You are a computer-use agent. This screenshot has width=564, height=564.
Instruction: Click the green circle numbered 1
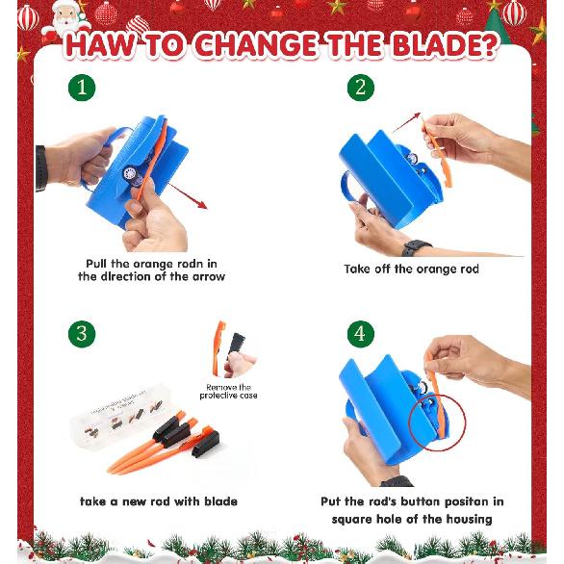[x=82, y=89]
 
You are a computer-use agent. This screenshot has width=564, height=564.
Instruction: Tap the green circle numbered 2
[x=360, y=89]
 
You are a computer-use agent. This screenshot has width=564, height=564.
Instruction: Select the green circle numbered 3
[x=82, y=334]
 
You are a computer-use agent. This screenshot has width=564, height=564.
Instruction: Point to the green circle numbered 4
[x=360, y=334]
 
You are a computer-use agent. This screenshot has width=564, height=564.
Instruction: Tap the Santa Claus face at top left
[x=65, y=16]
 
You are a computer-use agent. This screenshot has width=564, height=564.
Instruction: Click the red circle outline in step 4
[x=437, y=420]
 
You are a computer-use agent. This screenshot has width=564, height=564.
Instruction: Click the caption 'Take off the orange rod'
[x=411, y=269]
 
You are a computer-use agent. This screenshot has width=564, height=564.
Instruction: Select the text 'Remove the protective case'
[x=228, y=391]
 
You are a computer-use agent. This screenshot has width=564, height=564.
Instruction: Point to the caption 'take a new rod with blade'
[x=158, y=501]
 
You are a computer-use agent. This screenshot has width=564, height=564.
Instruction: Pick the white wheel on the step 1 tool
[x=131, y=174]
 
